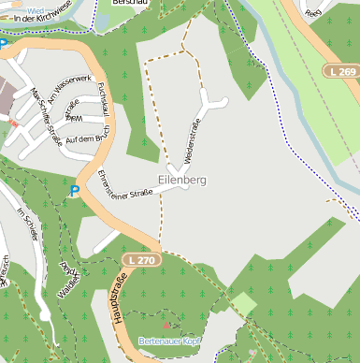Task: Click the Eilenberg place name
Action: (x=182, y=179)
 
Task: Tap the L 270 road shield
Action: (x=141, y=259)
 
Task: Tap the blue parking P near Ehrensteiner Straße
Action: (x=75, y=191)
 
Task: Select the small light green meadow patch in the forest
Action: (x=244, y=304)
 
